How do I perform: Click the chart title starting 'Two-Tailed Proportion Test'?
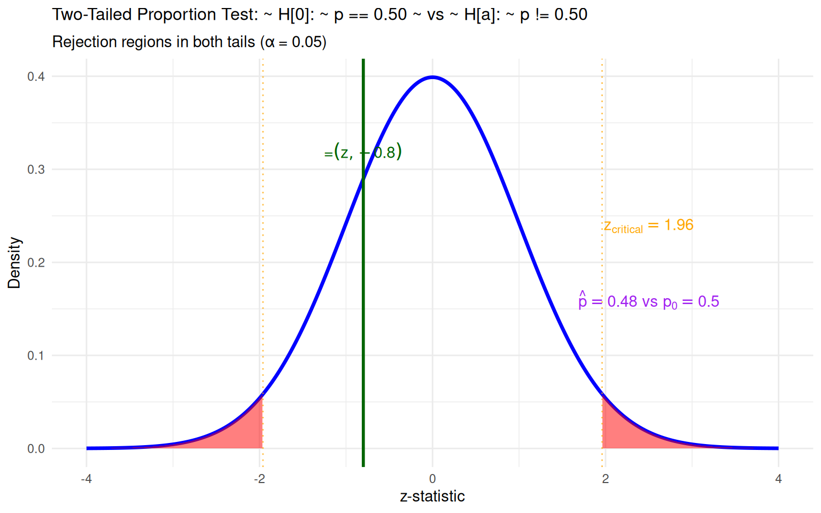(x=320, y=15)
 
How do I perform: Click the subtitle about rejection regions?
(x=189, y=42)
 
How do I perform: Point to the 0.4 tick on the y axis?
(x=36, y=76)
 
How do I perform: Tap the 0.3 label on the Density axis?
(x=36, y=169)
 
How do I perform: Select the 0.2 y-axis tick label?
(x=36, y=262)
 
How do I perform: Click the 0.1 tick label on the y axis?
(x=36, y=355)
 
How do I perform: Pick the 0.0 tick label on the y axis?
(x=36, y=449)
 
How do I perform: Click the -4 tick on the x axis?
(x=86, y=479)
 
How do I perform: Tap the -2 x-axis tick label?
(x=259, y=479)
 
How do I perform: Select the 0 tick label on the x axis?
(x=432, y=479)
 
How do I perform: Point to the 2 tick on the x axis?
(x=605, y=479)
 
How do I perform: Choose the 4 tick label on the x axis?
(x=778, y=479)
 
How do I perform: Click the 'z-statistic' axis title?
(x=432, y=496)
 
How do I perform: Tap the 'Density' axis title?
(x=14, y=262)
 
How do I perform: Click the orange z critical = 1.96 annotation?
(x=648, y=226)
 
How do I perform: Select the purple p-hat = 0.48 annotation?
(x=648, y=301)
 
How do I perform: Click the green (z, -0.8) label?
(x=363, y=152)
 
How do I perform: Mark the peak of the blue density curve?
(x=432, y=77)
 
